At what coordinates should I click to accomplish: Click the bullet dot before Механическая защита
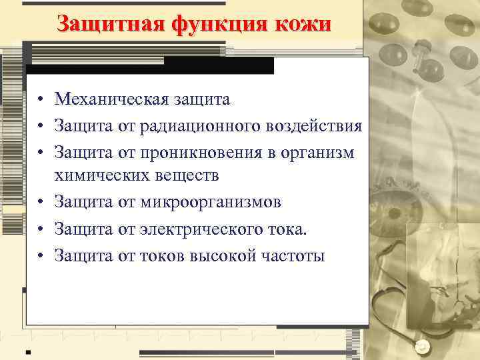(41, 101)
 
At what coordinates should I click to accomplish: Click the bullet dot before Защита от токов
(41, 255)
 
